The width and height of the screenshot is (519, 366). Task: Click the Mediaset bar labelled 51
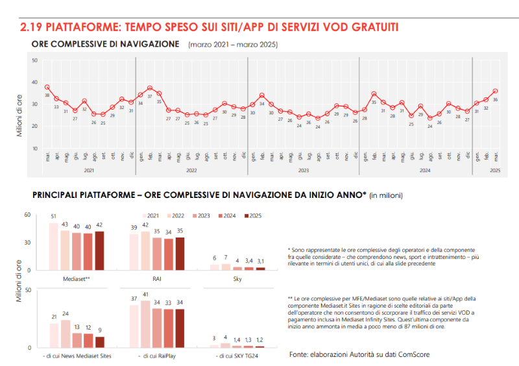tap(53, 247)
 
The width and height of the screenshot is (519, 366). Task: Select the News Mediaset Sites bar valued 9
tap(100, 342)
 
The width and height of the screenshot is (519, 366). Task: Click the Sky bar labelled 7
tap(225, 267)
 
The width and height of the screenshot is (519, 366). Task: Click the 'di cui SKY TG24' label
tap(238, 356)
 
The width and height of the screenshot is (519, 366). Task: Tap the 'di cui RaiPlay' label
tap(157, 356)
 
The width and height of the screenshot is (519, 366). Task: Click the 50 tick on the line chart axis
tap(34, 60)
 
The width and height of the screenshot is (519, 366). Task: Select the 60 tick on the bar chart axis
tap(27, 214)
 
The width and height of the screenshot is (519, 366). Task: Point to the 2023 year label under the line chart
tap(304, 170)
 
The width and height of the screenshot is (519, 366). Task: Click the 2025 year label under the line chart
tap(495, 170)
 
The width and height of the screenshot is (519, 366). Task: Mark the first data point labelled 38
tap(47, 87)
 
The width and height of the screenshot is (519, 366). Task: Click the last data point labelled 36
tap(495, 91)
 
